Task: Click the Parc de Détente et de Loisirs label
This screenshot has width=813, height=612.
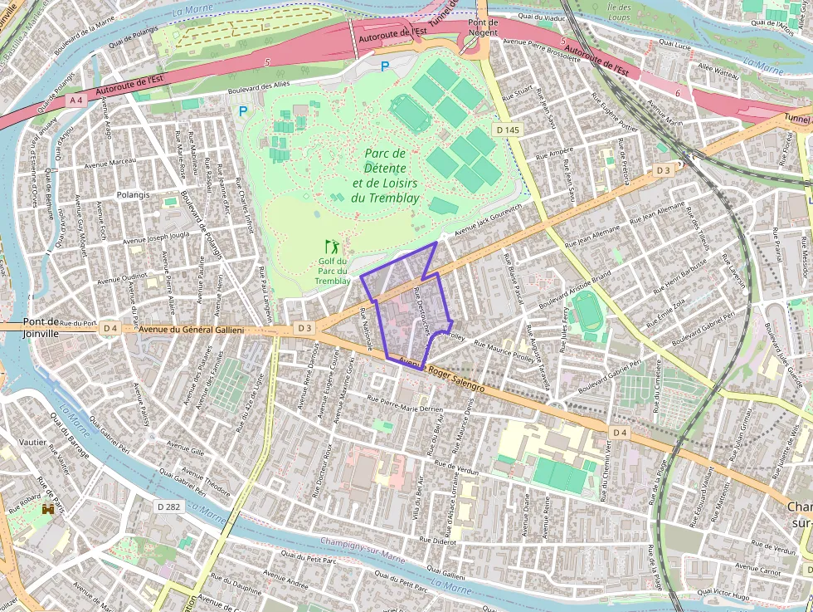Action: pos(385,175)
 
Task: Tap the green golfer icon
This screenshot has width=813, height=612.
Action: pos(332,247)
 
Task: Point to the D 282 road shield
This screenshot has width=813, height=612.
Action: pos(168,506)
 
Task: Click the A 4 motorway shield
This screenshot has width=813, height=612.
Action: pos(76,100)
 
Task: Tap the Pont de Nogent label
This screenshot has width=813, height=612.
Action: pos(482,27)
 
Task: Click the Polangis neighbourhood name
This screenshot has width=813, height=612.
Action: pos(134,194)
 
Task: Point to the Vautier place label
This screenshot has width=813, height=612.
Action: pos(32,443)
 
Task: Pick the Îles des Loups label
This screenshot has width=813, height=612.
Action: pos(619,12)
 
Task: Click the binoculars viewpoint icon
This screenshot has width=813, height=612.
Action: pos(49,509)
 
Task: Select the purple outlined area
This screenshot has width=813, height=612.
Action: pos(406,307)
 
